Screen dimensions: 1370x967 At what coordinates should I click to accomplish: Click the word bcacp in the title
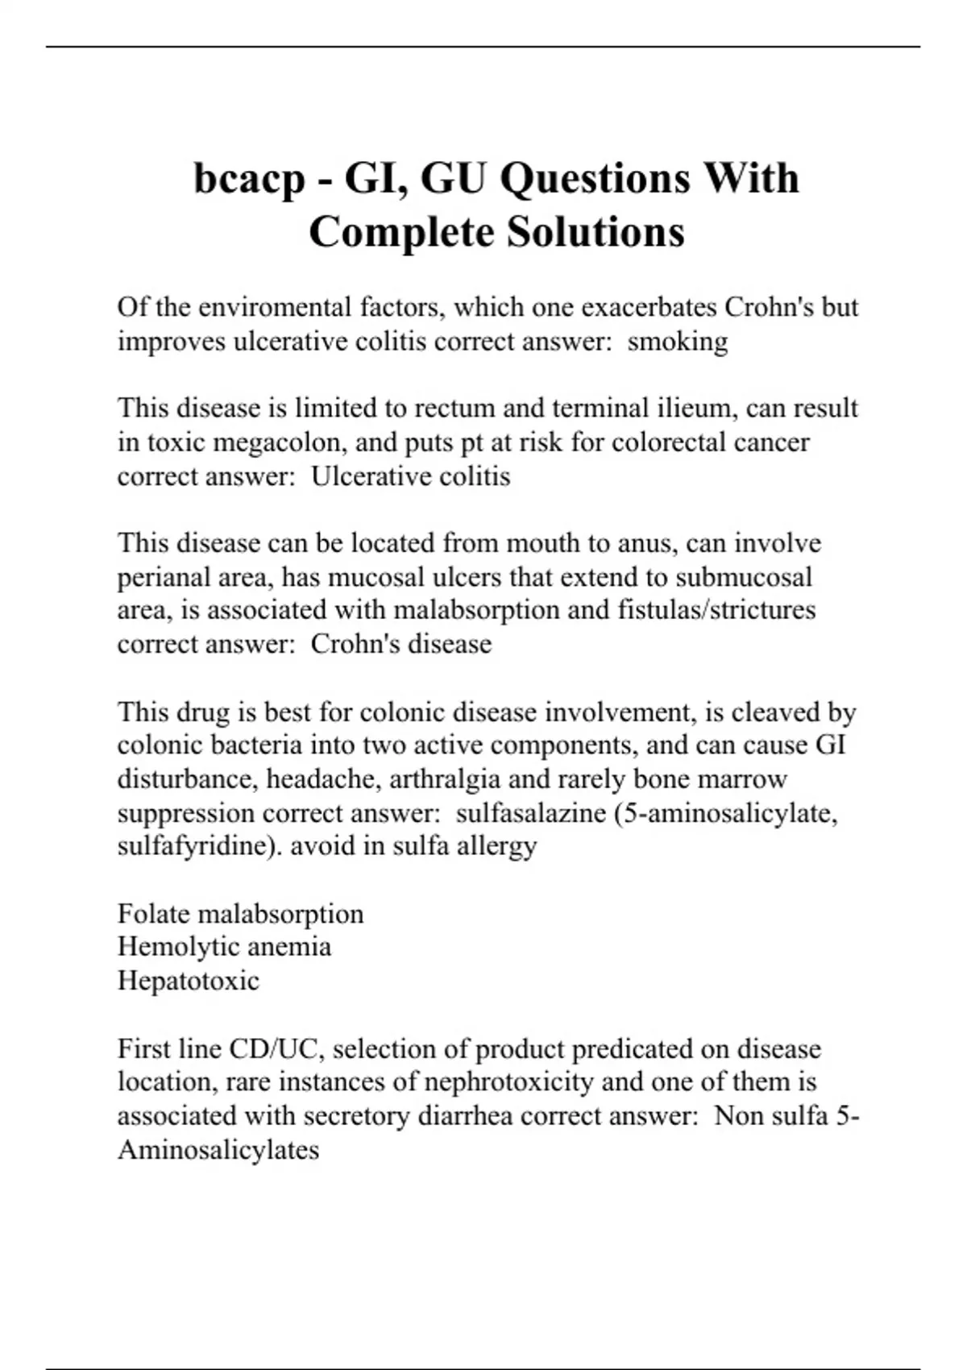(250, 179)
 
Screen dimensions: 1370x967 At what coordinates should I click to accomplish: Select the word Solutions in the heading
(596, 232)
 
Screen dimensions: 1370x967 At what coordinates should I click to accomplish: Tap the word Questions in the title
(595, 179)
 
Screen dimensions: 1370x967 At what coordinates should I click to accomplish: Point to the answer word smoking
(678, 342)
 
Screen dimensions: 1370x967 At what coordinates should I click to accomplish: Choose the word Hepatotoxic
(189, 981)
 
